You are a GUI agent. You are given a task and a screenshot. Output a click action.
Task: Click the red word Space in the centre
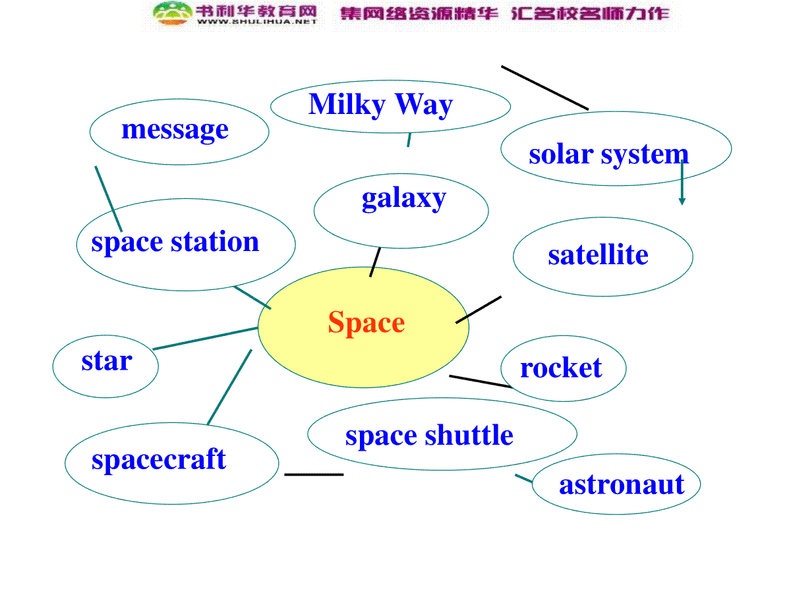366,323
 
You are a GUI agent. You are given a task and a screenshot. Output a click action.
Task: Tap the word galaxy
403,199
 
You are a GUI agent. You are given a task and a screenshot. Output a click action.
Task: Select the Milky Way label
380,105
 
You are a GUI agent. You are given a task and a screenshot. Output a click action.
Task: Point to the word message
175,130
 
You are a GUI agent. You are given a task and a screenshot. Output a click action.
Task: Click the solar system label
608,155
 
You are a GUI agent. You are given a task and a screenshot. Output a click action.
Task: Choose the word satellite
598,254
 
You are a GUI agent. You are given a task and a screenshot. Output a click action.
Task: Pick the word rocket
561,368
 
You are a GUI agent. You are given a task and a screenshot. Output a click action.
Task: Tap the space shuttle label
429,436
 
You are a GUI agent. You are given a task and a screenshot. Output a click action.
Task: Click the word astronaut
622,485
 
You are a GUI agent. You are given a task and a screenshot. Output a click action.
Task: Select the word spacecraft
159,460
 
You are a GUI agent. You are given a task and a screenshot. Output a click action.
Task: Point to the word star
107,361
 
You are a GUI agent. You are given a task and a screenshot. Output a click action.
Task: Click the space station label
175,242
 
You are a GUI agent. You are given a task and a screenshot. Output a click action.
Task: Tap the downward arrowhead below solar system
682,201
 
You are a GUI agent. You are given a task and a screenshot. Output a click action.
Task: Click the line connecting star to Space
205,339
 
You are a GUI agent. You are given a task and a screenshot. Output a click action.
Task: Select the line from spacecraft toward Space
229,387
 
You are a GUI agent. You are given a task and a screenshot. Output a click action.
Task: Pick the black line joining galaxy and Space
375,262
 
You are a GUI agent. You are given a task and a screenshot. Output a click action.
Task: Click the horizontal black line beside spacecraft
314,474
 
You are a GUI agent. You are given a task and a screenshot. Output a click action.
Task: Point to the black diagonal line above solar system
544,88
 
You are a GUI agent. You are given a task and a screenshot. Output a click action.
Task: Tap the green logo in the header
172,13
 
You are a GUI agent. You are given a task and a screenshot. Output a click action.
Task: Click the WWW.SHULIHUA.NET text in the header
256,22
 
